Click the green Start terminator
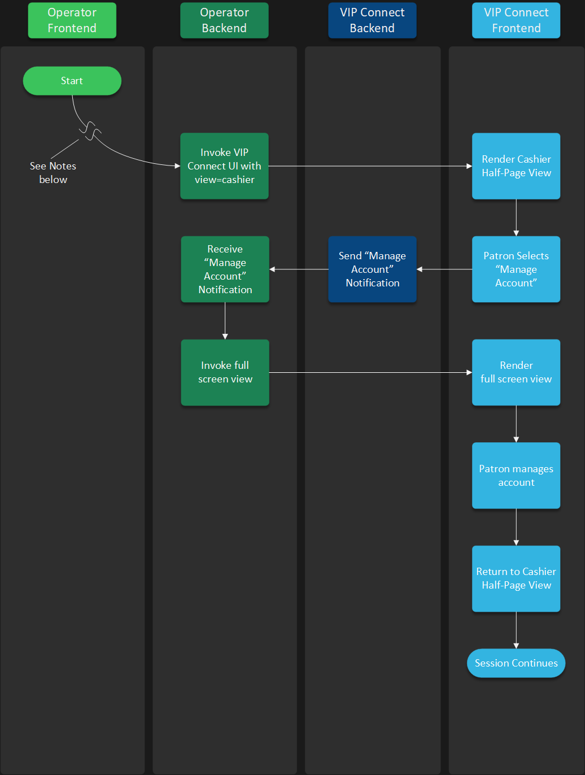(72, 81)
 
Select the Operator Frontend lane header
(72, 20)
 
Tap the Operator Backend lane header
(224, 20)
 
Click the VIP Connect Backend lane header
(372, 20)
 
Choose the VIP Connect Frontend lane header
(516, 20)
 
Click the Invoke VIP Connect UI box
(224, 166)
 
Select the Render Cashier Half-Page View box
(516, 166)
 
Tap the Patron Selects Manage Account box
(516, 269)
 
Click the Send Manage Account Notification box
(372, 269)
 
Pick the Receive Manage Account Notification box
(225, 269)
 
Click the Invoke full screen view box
(225, 372)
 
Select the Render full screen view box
(516, 372)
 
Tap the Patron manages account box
(516, 476)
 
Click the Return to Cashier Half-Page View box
(516, 578)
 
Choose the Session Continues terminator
(516, 663)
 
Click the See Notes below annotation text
(53, 173)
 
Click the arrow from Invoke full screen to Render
(370, 372)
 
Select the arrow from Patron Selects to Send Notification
(444, 269)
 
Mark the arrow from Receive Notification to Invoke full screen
(225, 321)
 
